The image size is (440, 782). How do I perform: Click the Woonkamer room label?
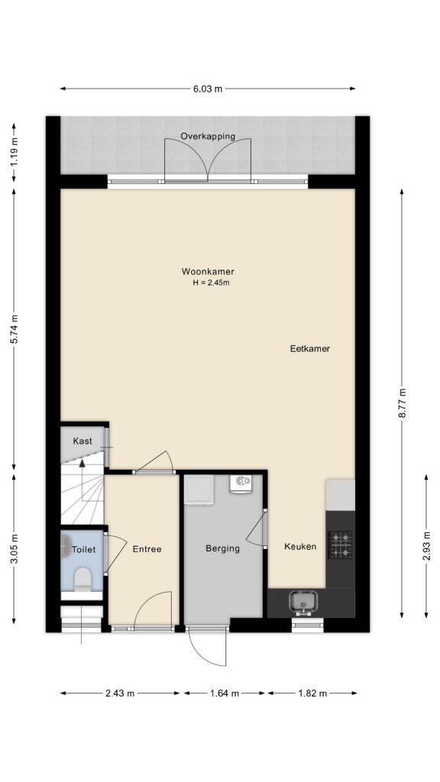click(x=208, y=272)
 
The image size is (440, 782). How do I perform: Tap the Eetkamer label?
click(x=310, y=349)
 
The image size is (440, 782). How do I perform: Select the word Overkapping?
click(x=208, y=137)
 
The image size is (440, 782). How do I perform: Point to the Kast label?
click(x=82, y=441)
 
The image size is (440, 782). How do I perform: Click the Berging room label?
click(x=222, y=548)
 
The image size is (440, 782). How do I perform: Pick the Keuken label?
click(x=300, y=547)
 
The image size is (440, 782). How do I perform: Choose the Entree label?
click(x=147, y=549)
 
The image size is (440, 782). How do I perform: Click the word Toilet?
click(x=83, y=550)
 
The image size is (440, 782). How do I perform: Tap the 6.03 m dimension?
click(x=208, y=89)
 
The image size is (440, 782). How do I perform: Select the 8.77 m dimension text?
click(x=402, y=403)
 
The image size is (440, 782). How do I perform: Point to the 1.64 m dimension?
click(x=225, y=693)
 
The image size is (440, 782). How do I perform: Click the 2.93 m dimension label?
click(x=426, y=547)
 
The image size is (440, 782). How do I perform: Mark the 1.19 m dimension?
click(x=14, y=151)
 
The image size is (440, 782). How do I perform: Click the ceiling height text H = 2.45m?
click(x=211, y=283)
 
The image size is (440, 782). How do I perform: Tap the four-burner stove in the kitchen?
click(x=340, y=544)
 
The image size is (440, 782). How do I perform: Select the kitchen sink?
click(x=302, y=602)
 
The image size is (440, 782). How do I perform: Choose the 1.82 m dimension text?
click(x=312, y=693)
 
